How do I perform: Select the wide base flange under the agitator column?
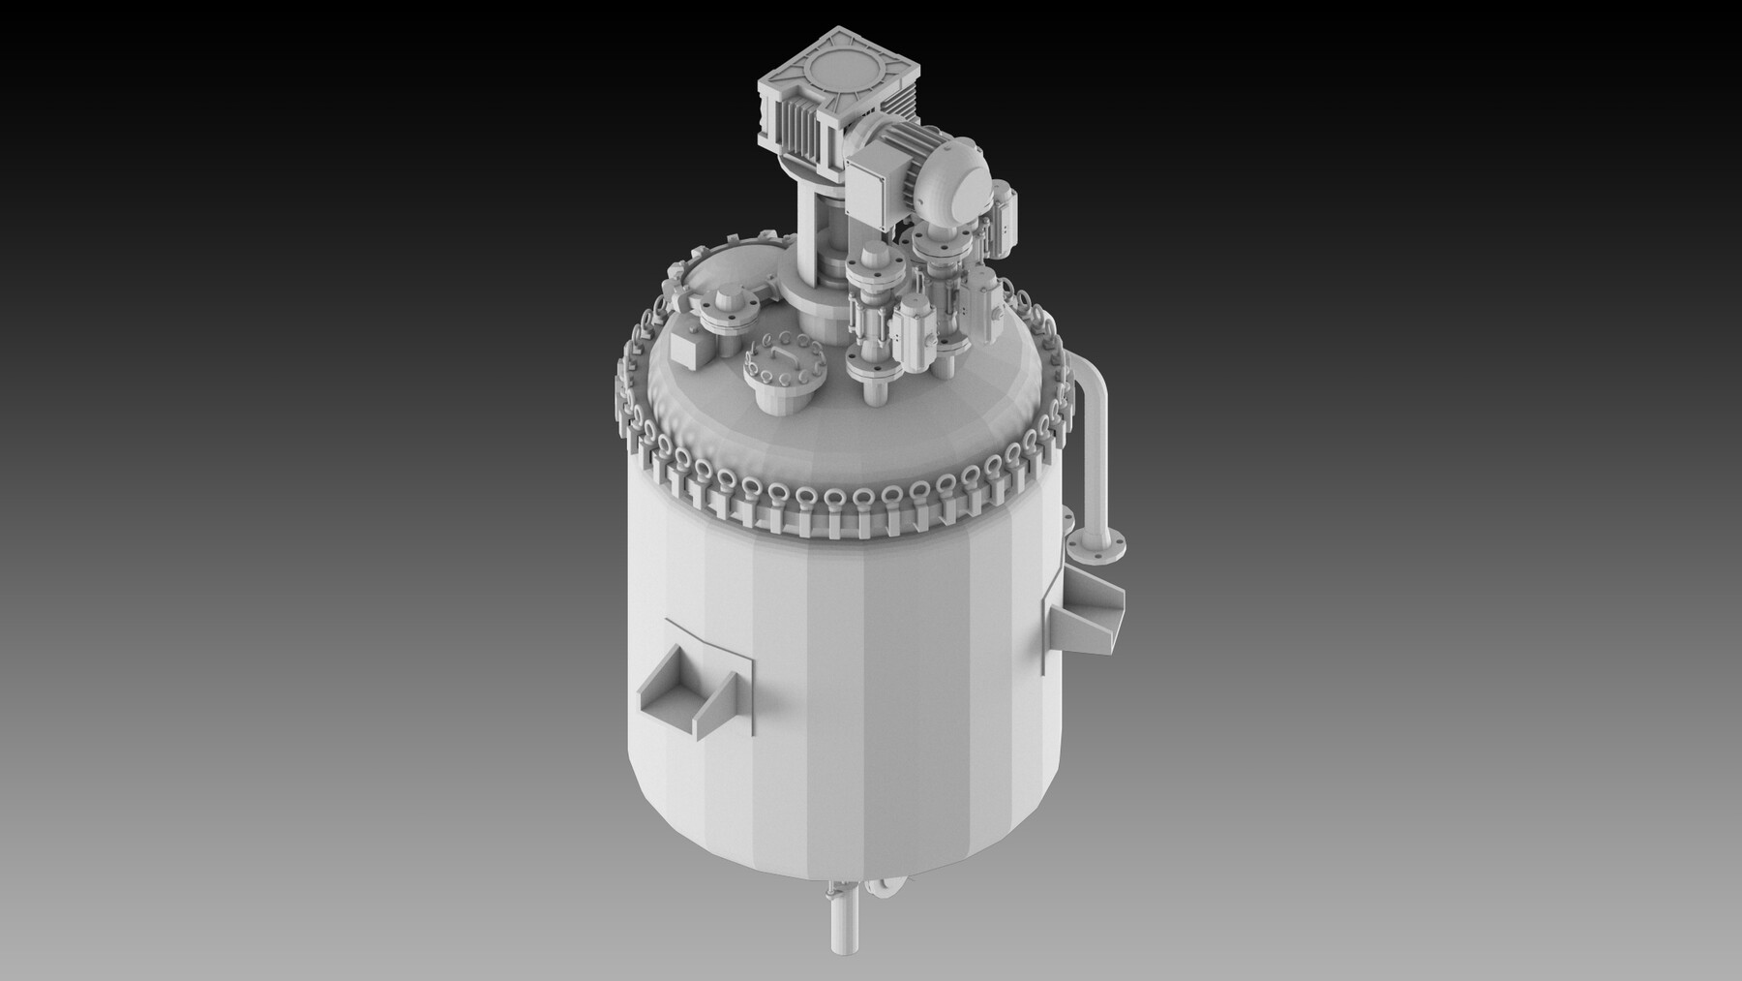pos(815,303)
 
